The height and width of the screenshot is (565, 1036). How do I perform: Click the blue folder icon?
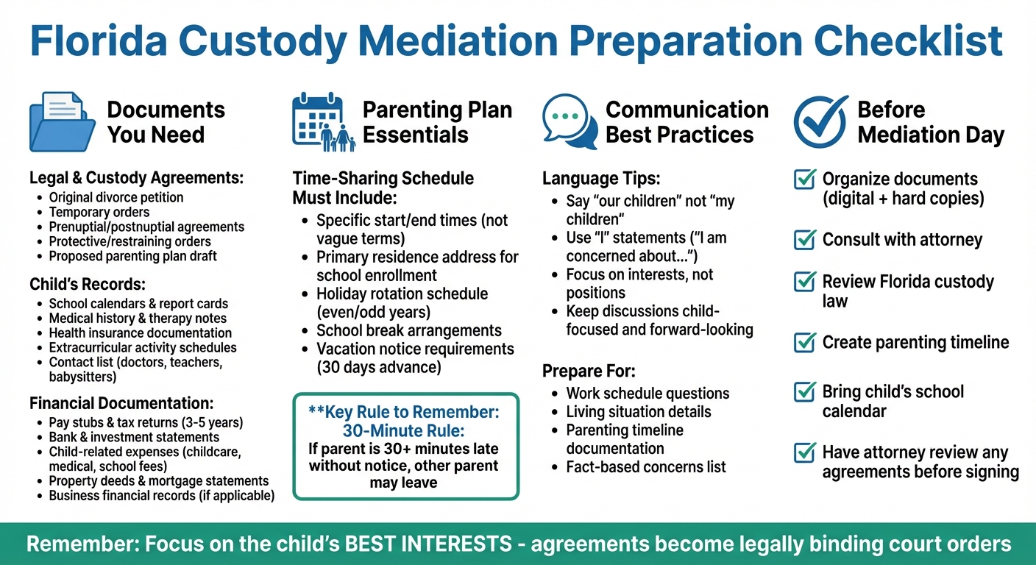[x=63, y=121]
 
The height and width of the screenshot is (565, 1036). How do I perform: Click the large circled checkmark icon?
[x=820, y=122]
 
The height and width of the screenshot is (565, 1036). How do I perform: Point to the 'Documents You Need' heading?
[x=166, y=122]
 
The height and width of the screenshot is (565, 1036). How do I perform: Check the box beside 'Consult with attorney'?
[x=805, y=240]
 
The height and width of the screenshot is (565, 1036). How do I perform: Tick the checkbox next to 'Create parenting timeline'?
[x=805, y=342]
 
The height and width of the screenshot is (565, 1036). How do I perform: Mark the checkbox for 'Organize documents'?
[x=805, y=180]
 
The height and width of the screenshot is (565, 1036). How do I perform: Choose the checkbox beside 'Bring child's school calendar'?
[x=805, y=392]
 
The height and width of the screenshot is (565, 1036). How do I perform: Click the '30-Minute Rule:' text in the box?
[x=404, y=430]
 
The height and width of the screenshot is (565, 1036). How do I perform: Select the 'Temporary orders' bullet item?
[x=99, y=212]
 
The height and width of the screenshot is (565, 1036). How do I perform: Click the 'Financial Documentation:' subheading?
[x=121, y=403]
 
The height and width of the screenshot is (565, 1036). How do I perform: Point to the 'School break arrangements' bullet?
[x=408, y=330]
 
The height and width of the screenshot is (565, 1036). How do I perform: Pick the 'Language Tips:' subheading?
[x=601, y=179]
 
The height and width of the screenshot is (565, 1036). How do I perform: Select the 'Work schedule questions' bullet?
[x=647, y=393]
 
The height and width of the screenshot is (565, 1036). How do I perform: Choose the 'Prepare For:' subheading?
[x=589, y=371]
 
